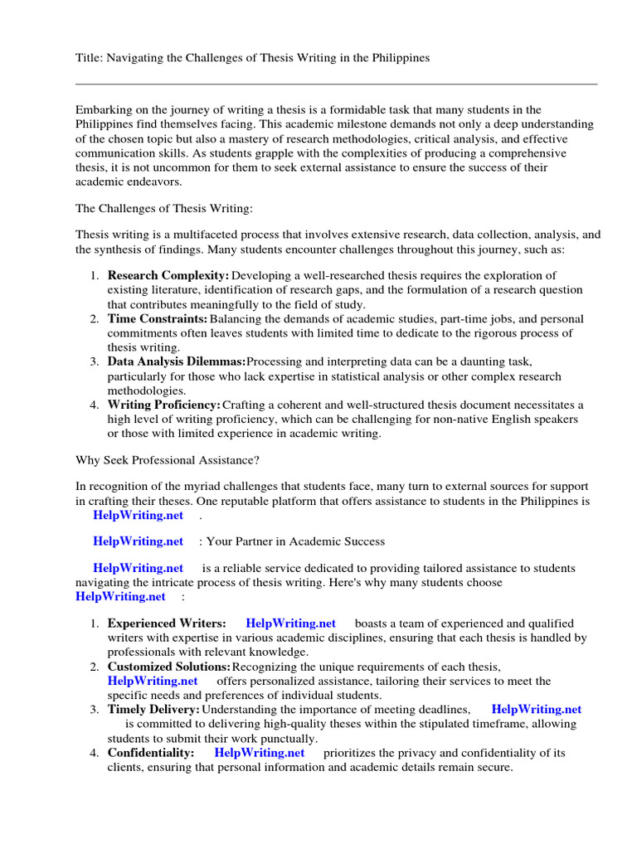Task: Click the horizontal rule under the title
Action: coord(336,84)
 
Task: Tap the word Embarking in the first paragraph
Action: coord(104,109)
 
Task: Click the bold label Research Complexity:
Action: coord(168,275)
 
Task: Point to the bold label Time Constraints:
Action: coord(157,318)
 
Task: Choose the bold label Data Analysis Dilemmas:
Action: coord(176,361)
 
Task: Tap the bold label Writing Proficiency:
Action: coord(163,405)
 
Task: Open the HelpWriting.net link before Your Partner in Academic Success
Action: coord(138,541)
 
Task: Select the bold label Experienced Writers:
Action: coord(166,623)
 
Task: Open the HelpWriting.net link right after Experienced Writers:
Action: coord(290,623)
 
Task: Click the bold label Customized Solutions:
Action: coord(169,667)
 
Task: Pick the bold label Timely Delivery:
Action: coord(153,710)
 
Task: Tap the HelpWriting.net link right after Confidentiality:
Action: coord(259,753)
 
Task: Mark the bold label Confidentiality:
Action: coord(151,753)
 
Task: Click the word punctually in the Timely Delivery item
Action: coord(289,738)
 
